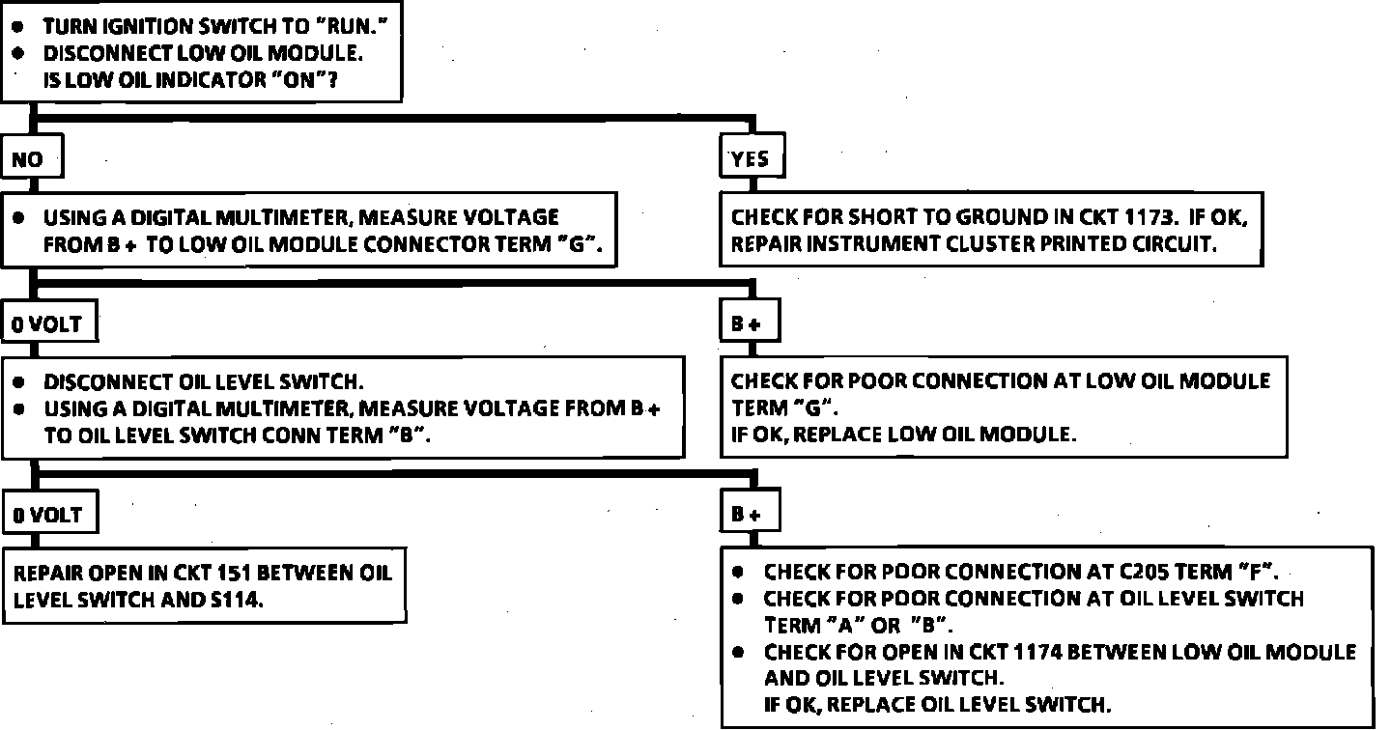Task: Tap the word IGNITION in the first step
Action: tap(140, 28)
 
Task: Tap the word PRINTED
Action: tap(1085, 244)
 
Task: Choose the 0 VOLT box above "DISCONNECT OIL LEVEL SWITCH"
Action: tap(47, 324)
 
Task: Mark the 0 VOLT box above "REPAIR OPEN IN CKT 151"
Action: tap(47, 515)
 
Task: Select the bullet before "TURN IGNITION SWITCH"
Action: tap(16, 28)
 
